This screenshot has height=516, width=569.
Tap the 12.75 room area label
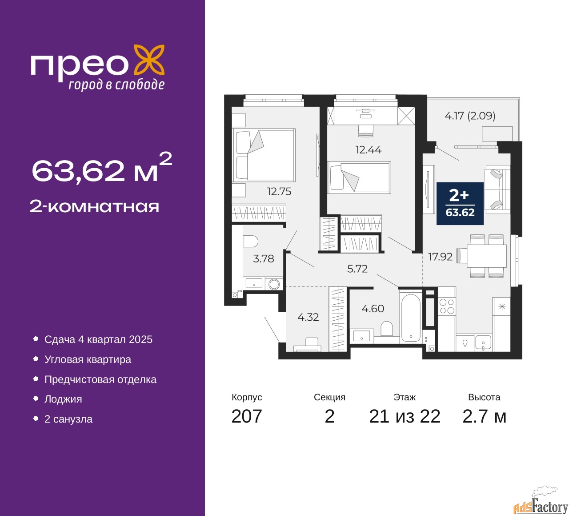pyautogui.click(x=279, y=192)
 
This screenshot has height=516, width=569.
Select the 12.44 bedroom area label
pyautogui.click(x=369, y=149)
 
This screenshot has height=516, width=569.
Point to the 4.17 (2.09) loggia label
pyautogui.click(x=470, y=116)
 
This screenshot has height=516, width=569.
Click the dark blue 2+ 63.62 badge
pyautogui.click(x=460, y=203)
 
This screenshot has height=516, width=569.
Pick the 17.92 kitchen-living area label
pyautogui.click(x=440, y=257)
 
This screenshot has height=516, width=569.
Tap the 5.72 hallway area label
pyautogui.click(x=357, y=269)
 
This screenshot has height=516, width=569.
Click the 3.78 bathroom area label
pyautogui.click(x=264, y=258)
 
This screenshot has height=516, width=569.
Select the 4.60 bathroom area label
pyautogui.click(x=373, y=309)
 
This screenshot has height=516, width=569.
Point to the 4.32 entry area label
pyautogui.click(x=308, y=317)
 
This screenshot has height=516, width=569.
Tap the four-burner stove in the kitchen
pyautogui.click(x=447, y=306)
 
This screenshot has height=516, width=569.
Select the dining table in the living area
pyautogui.click(x=486, y=256)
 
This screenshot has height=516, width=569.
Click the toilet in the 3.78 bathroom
pyautogui.click(x=250, y=241)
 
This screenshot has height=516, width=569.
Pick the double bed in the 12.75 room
pyautogui.click(x=264, y=155)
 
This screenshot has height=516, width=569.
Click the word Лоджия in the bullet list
pyautogui.click(x=63, y=399)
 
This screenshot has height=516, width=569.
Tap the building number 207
pyautogui.click(x=246, y=416)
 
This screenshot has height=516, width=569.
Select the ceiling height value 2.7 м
pyautogui.click(x=484, y=416)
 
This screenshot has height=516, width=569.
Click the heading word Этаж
pyautogui.click(x=405, y=397)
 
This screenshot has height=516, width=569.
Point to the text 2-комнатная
pyautogui.click(x=94, y=207)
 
